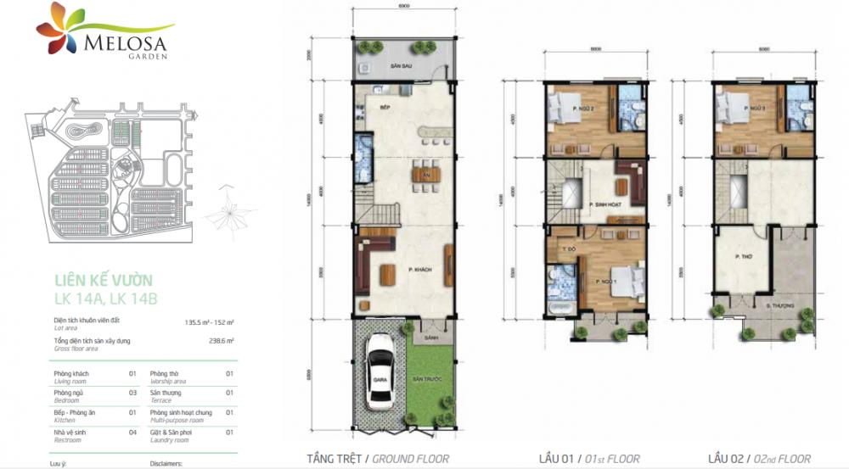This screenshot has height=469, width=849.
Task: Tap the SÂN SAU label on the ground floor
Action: click(390, 65)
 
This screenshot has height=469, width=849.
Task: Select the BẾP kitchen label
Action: click(361, 108)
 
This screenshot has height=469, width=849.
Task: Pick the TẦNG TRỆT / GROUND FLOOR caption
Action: click(373, 459)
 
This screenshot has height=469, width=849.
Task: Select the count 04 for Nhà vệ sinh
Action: click(132, 433)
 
